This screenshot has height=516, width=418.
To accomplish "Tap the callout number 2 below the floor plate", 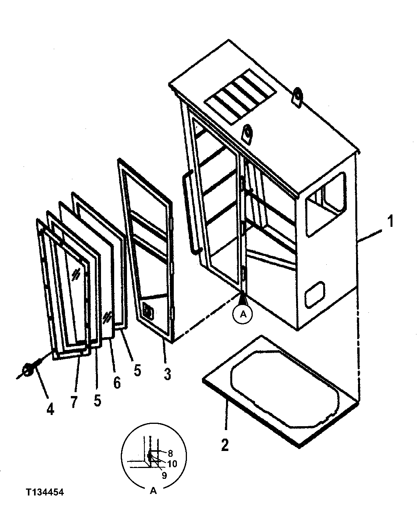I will point(225,444).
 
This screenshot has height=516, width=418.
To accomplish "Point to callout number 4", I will point(50,409).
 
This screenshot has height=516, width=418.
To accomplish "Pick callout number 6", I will point(117,382).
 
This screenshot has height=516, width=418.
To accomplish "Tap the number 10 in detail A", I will point(172,463).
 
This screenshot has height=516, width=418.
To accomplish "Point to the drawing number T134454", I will point(45,492).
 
